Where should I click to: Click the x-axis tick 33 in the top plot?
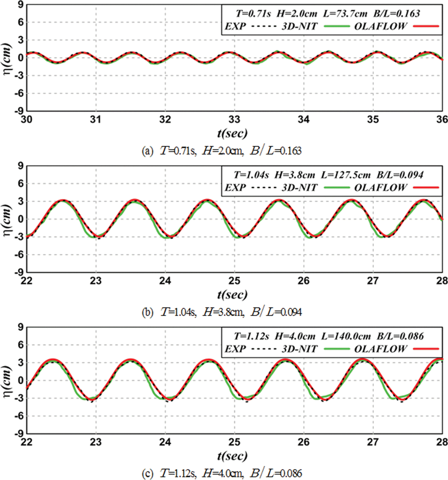pos(234,120)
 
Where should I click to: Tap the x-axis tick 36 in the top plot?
pos(442,120)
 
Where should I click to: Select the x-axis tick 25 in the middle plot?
pos(234,281)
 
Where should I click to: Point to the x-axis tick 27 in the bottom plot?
pos(373,442)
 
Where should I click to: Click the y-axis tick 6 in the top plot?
pos(20,22)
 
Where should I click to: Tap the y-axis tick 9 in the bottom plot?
pos(20,327)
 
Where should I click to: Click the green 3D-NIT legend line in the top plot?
pos(337,26)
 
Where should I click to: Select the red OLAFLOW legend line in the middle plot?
pos(426,188)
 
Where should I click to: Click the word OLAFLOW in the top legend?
pos(380,26)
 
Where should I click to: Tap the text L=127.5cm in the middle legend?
pos(346,175)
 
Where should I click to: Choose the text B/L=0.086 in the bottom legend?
pos(400,336)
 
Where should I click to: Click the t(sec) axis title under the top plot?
pos(232,133)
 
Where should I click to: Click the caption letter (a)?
pos(148,151)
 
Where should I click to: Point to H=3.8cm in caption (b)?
pos(223,312)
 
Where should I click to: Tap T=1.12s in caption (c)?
pos(178,473)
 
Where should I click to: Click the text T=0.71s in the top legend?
pos(253,13)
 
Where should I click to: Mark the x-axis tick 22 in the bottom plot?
pos(27,442)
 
